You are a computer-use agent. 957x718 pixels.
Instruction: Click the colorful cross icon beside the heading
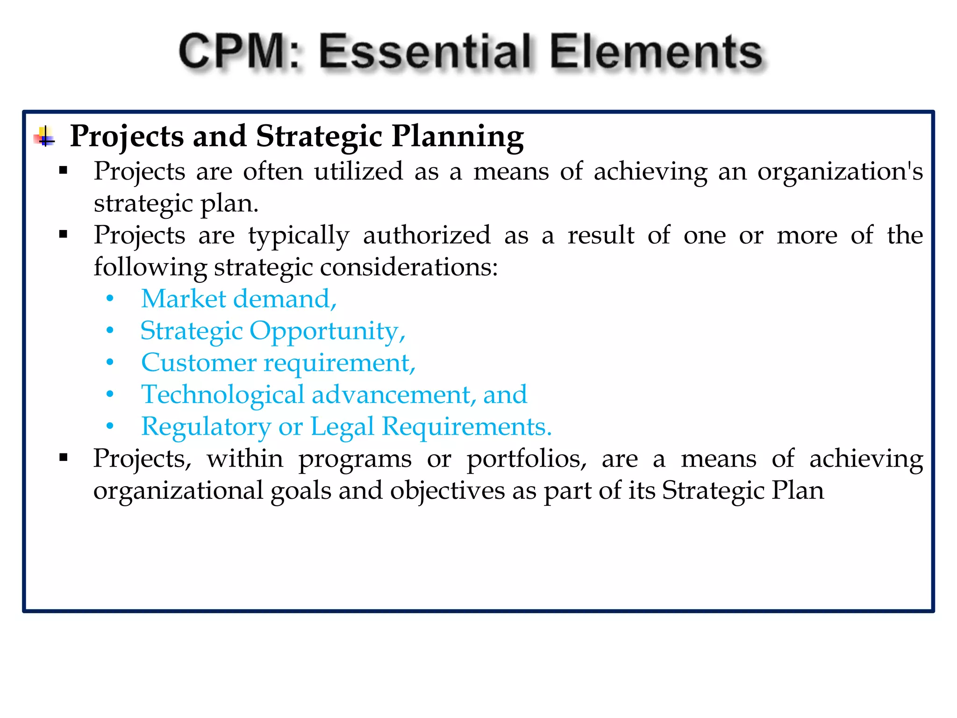coord(44,137)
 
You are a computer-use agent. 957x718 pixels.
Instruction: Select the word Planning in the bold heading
coord(457,136)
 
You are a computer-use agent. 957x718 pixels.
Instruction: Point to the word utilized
coord(358,171)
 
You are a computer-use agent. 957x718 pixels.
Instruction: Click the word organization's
coord(840,171)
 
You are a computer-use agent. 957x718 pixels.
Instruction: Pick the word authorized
coord(427,235)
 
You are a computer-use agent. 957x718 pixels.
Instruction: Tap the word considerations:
coord(409,267)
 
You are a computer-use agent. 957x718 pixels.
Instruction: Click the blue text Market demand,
coord(239,299)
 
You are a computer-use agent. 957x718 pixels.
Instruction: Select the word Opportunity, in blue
coord(327,331)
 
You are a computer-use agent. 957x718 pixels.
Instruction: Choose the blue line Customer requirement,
coord(278,363)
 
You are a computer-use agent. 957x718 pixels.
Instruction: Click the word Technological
coord(223,395)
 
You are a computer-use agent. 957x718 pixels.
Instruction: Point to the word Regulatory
coord(206,427)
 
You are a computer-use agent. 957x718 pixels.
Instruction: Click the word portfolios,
coord(527,459)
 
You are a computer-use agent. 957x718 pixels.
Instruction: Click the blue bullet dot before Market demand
coord(110,299)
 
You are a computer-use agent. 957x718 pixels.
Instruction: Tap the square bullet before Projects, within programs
coord(64,458)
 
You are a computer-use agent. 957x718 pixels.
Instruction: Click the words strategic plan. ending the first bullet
coord(176,203)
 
